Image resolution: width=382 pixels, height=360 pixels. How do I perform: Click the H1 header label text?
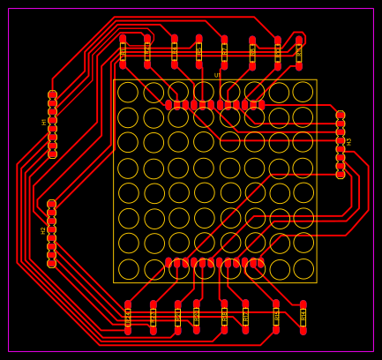44,122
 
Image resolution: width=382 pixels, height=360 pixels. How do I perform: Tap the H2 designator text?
43,230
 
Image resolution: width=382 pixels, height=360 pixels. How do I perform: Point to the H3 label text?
349,141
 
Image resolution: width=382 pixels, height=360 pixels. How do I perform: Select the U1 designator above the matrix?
217,76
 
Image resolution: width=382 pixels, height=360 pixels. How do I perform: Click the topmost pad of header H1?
52,94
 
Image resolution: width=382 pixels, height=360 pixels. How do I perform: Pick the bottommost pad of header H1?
52,154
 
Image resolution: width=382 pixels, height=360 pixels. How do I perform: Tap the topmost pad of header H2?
51,204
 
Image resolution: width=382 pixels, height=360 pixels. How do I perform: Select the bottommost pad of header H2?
51,263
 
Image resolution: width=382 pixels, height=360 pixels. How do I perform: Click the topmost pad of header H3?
341,116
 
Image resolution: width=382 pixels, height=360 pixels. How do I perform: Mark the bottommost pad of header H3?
341,174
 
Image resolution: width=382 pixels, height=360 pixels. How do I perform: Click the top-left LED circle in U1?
128,92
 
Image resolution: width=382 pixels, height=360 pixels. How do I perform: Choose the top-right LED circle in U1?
303,92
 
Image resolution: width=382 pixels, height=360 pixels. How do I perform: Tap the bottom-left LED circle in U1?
128,269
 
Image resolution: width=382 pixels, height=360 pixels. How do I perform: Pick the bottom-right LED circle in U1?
303,269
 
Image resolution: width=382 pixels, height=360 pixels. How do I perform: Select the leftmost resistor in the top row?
123,52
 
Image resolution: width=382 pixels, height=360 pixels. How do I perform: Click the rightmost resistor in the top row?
299,52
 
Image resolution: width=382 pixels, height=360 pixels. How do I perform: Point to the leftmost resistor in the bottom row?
128,317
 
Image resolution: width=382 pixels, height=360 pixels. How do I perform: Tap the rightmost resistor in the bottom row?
303,317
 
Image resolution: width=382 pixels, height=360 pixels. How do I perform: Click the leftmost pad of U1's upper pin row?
169,105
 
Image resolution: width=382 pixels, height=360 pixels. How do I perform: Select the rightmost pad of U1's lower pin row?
260,263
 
